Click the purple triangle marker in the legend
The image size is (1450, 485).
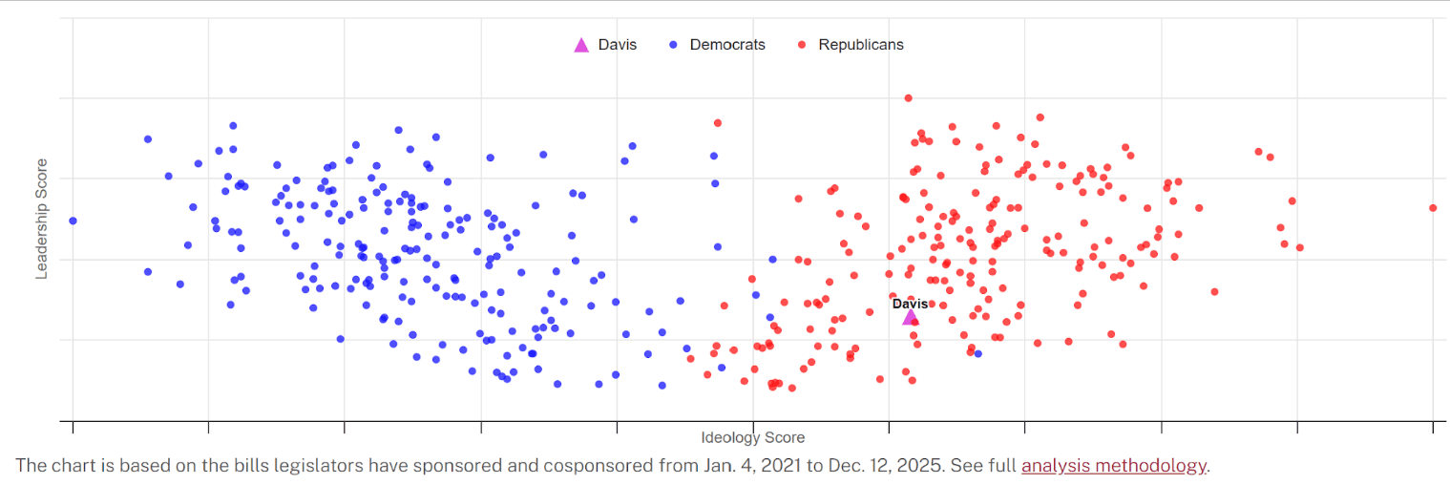click(581, 45)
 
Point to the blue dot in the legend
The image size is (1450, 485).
click(673, 45)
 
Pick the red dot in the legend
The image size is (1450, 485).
click(802, 45)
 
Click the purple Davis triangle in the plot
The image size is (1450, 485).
click(910, 317)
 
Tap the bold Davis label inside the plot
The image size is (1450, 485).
click(910, 304)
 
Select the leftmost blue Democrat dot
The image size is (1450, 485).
click(73, 221)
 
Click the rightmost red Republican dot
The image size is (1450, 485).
click(1433, 207)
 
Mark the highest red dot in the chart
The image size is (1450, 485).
click(908, 97)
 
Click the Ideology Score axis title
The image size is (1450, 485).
click(752, 437)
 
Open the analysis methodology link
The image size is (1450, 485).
click(1113, 466)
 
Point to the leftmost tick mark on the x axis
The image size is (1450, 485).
click(73, 426)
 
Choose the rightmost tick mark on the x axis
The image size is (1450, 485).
click(1433, 426)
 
